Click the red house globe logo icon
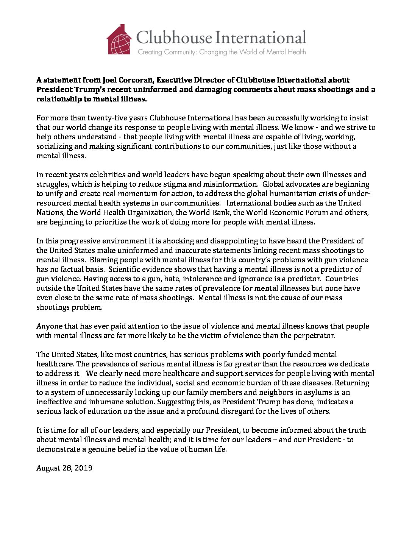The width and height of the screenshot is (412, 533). tap(119, 40)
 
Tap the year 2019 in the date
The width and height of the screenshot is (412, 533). tap(84, 468)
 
